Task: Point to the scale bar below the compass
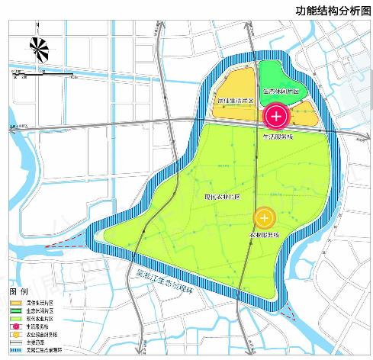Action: pos(42,74)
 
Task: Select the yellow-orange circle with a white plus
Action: pos(264,217)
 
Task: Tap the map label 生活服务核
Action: pos(277,137)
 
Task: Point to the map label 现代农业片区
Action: pos(222,196)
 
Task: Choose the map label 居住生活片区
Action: pos(236,100)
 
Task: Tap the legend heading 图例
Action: pos(18,292)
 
